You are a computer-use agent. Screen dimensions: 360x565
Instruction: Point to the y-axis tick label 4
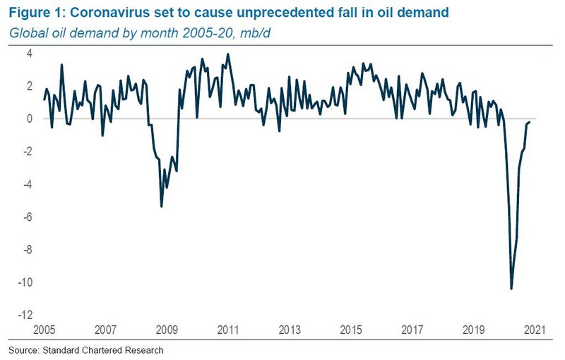click(30, 53)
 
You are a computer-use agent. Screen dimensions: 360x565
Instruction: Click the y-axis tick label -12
click(25, 316)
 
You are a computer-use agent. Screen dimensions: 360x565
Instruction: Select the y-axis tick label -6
click(28, 217)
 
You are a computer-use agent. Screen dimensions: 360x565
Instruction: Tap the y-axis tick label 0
click(30, 119)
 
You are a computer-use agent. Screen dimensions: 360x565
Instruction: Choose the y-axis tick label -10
click(25, 282)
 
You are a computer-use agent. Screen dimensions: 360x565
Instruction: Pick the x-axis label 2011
click(227, 330)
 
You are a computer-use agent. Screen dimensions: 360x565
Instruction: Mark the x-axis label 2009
click(167, 330)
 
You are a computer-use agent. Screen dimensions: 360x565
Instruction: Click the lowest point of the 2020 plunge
click(511, 289)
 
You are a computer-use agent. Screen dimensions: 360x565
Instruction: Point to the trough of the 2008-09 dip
click(162, 206)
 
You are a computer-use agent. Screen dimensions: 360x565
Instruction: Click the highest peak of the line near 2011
click(227, 54)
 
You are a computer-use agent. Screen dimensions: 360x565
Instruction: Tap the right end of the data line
click(530, 122)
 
